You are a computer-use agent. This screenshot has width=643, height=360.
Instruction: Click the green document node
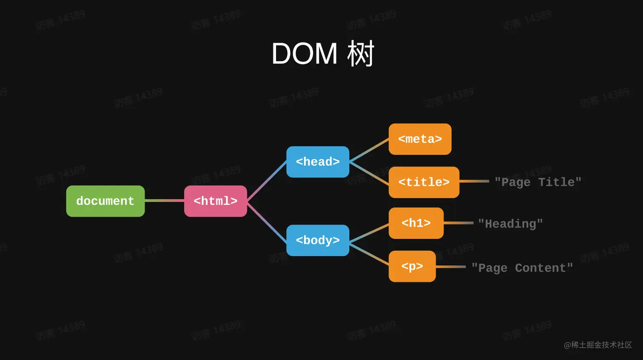click(105, 201)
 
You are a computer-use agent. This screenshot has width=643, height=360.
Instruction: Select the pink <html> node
click(215, 201)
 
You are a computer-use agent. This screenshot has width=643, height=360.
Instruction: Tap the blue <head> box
click(318, 162)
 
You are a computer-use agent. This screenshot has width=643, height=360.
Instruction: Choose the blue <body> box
click(318, 241)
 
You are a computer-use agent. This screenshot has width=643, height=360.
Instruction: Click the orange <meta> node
click(420, 139)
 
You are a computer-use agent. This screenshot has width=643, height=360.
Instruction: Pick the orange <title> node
click(424, 182)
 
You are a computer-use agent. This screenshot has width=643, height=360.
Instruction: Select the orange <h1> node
click(416, 223)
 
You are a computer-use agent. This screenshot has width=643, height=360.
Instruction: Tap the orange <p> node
click(412, 266)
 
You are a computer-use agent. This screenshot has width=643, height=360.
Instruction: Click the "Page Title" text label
click(538, 182)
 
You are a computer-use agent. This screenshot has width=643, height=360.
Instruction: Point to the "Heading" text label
click(510, 224)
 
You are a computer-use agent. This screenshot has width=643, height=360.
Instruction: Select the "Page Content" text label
click(522, 268)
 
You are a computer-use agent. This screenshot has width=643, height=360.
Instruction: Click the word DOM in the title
click(304, 54)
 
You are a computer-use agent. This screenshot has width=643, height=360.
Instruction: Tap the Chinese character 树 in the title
click(361, 54)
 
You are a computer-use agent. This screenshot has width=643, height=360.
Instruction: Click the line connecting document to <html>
click(164, 201)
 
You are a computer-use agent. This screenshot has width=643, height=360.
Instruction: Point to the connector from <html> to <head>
click(267, 181)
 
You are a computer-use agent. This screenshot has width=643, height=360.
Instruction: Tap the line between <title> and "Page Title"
click(474, 181)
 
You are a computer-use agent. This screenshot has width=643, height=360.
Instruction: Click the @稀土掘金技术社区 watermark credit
click(597, 345)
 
